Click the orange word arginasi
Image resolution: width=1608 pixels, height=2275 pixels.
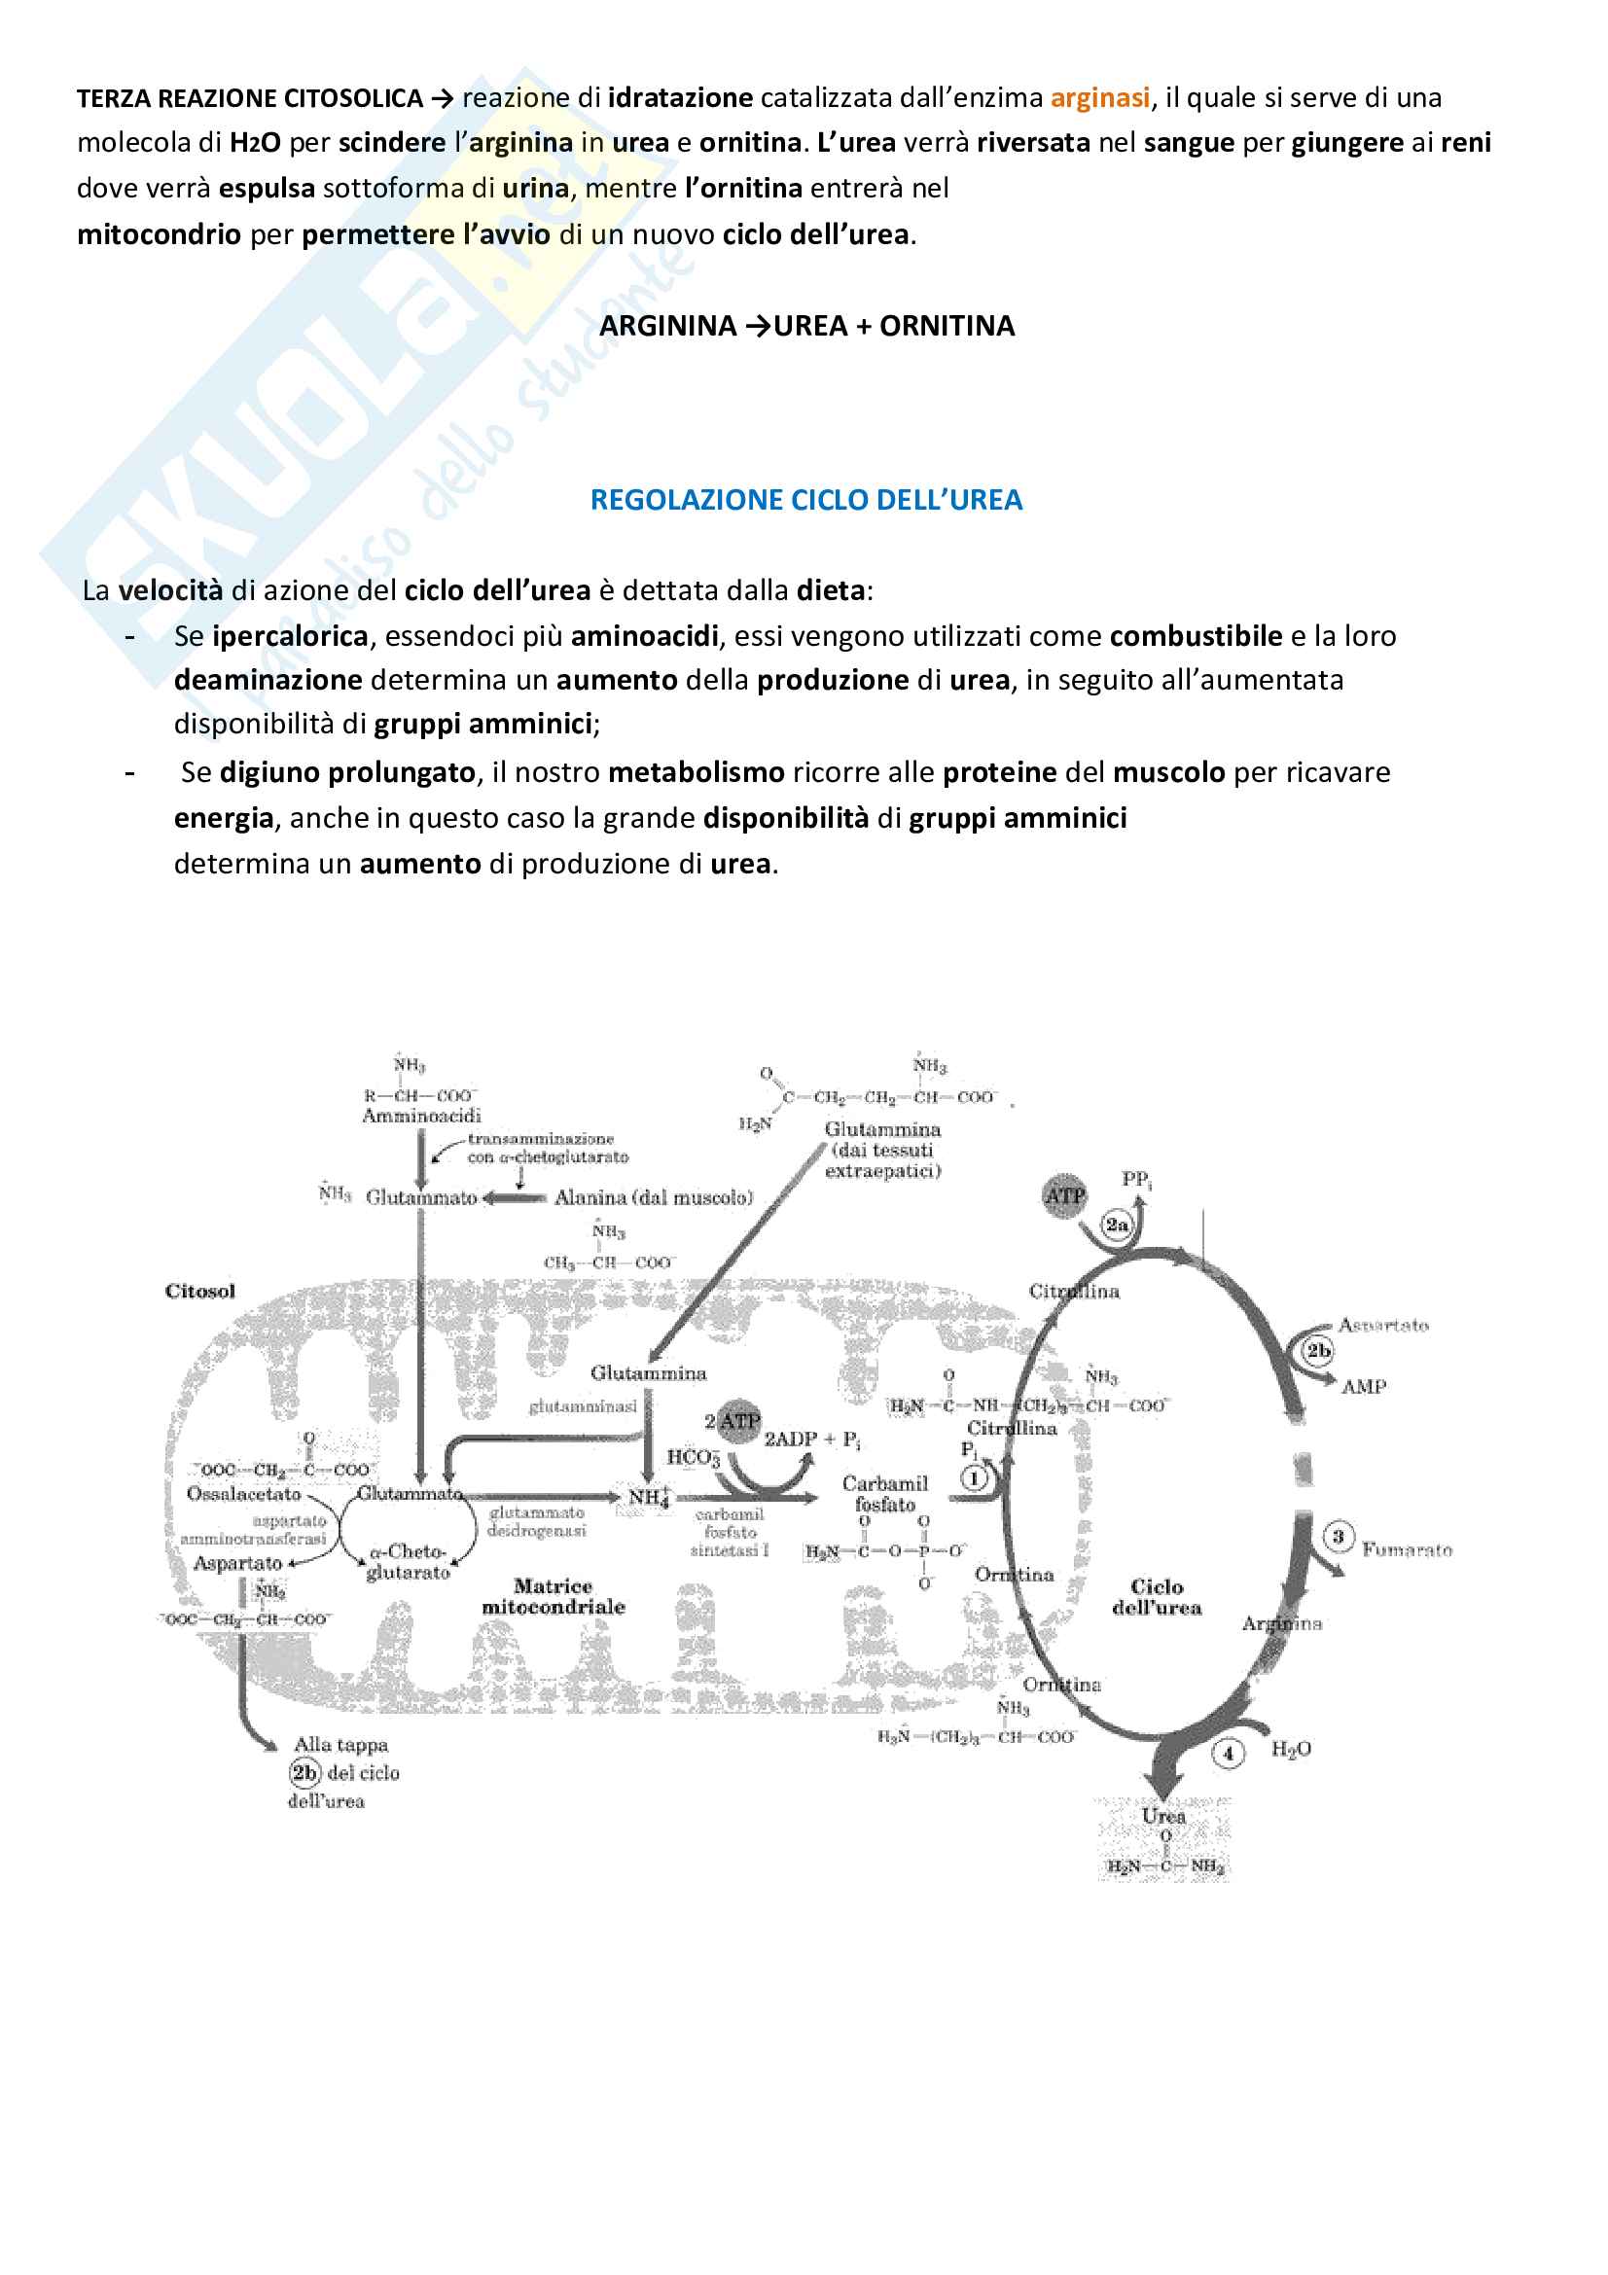(x=1100, y=98)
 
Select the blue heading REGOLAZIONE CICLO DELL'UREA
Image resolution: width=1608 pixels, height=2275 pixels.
(x=805, y=499)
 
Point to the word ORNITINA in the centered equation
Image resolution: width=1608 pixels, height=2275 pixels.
(x=947, y=326)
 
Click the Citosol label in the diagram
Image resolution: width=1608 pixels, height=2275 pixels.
(x=200, y=1291)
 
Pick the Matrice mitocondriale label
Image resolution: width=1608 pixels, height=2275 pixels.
(x=553, y=1596)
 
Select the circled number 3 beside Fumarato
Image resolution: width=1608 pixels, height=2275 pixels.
(x=1338, y=1537)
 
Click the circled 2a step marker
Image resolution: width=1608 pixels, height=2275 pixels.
(x=1117, y=1225)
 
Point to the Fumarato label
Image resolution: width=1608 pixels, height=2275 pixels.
(x=1406, y=1549)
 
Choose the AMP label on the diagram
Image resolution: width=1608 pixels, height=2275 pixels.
(x=1363, y=1387)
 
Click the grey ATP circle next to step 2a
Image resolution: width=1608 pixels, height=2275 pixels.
(x=1064, y=1196)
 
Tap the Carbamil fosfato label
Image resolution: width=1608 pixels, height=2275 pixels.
(x=885, y=1494)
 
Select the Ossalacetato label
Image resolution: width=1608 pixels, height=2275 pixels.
(x=244, y=1493)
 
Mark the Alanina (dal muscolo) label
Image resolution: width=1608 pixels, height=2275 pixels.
(x=653, y=1198)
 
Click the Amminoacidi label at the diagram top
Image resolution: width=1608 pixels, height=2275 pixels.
(x=421, y=1117)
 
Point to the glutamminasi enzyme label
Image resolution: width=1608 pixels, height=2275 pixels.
(x=583, y=1407)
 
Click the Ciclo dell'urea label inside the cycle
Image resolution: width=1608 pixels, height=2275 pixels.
(x=1157, y=1597)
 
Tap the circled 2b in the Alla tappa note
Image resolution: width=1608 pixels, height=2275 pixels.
(x=304, y=1773)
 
